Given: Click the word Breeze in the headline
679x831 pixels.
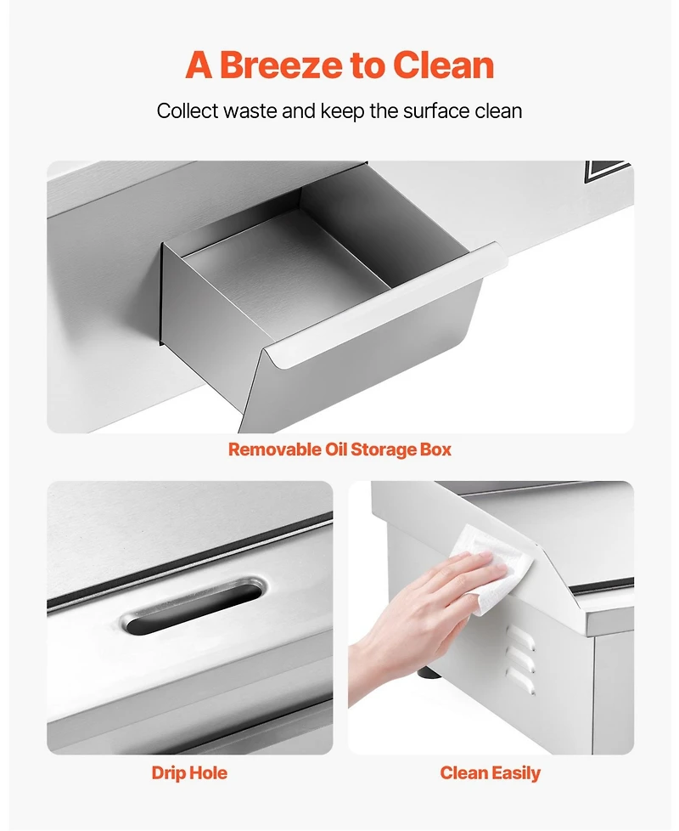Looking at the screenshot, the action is (280, 65).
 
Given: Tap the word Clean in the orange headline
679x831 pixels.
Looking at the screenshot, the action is (443, 65).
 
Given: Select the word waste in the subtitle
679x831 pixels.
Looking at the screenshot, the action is (250, 111).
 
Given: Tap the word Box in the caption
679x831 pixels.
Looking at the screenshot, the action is (435, 449).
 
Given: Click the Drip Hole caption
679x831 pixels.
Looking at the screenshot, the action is (189, 772).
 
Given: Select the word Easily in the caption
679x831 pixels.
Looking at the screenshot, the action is (515, 773).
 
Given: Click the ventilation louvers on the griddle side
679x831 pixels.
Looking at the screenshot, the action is (520, 660).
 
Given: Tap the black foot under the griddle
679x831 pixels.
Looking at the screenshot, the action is (429, 674).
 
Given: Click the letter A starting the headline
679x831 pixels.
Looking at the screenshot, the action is (199, 65).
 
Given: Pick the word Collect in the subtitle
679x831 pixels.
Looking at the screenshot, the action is (188, 111).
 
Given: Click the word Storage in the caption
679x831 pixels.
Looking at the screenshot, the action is (384, 449).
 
